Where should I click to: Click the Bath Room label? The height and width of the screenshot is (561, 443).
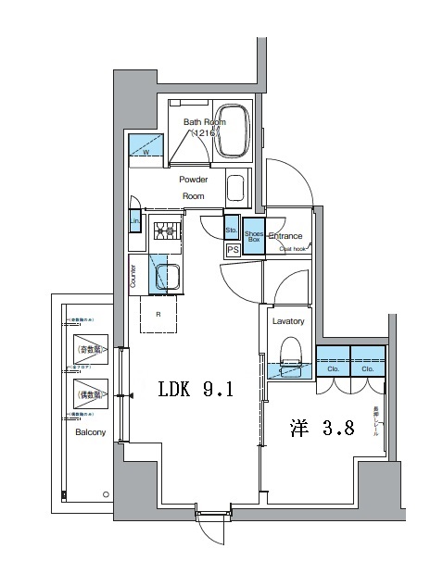[x=204, y=121]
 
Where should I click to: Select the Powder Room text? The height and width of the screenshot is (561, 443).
[x=193, y=188]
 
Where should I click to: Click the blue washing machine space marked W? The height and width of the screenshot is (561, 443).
[x=146, y=146]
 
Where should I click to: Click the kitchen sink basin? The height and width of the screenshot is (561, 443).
[x=167, y=277]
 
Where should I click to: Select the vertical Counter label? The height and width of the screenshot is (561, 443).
[x=133, y=277]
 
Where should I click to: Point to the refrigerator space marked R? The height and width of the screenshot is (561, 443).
[x=159, y=314]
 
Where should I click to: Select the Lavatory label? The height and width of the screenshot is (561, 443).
[x=288, y=321]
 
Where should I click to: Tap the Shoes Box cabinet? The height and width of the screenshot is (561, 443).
[x=254, y=236]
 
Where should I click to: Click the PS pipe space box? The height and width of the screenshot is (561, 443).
[x=233, y=249]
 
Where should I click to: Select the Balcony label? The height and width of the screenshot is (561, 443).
[x=91, y=432]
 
